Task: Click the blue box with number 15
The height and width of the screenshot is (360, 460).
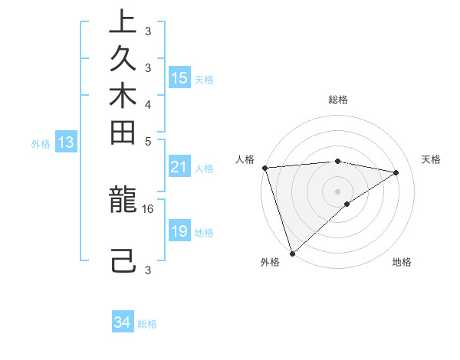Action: pyautogui.click(x=179, y=78)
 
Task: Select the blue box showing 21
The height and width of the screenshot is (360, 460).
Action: pyautogui.click(x=179, y=168)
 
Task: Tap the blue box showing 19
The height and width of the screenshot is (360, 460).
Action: pyautogui.click(x=179, y=231)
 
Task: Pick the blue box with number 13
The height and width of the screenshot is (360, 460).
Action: pyautogui.click(x=66, y=142)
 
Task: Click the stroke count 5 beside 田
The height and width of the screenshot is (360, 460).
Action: pyautogui.click(x=148, y=141)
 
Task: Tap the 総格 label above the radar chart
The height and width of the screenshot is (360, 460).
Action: pyautogui.click(x=338, y=100)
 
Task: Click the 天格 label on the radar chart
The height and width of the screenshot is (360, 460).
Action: pyautogui.click(x=431, y=159)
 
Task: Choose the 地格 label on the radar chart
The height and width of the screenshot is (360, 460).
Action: pyautogui.click(x=402, y=263)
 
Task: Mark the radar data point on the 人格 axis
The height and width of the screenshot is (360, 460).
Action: pyautogui.click(x=264, y=168)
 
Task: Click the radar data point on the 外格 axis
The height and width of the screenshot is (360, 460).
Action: pyautogui.click(x=292, y=253)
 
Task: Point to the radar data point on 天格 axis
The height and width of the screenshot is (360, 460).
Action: pyautogui.click(x=396, y=172)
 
